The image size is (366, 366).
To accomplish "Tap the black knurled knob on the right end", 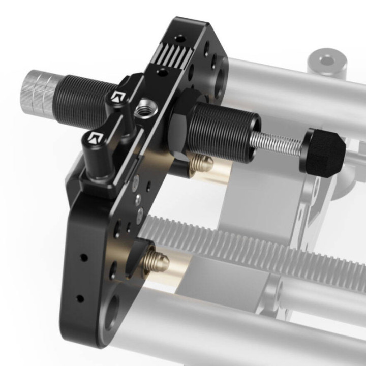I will pos(325,151).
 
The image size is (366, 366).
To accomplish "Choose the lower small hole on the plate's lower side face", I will pos(80,298).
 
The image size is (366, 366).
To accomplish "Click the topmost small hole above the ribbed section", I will pos(179,38).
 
